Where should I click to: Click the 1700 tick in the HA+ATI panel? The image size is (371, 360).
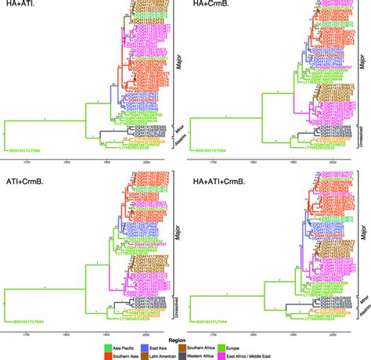point(27,160)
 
